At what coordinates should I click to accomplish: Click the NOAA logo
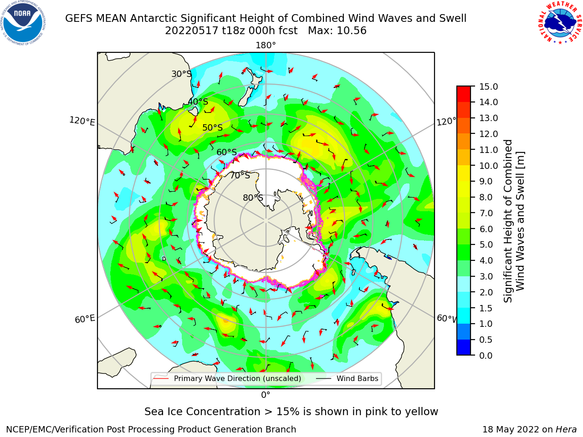click(23, 23)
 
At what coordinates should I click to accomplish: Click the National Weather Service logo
click(560, 22)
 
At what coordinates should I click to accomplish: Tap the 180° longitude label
click(266, 46)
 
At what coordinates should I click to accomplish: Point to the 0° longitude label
click(266, 395)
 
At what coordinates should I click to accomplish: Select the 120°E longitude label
click(82, 121)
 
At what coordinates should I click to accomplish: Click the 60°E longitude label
click(85, 319)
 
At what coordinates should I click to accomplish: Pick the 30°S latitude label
click(181, 74)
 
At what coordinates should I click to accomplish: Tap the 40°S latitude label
click(198, 102)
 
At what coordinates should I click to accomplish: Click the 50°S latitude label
click(213, 127)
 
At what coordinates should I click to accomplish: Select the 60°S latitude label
click(226, 152)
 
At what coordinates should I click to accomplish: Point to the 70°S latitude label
click(240, 175)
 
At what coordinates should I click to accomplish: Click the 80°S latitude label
click(253, 198)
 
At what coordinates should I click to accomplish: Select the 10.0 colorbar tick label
click(488, 166)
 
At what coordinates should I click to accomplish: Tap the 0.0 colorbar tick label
click(486, 356)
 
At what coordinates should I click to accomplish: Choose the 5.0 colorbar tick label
click(486, 244)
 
